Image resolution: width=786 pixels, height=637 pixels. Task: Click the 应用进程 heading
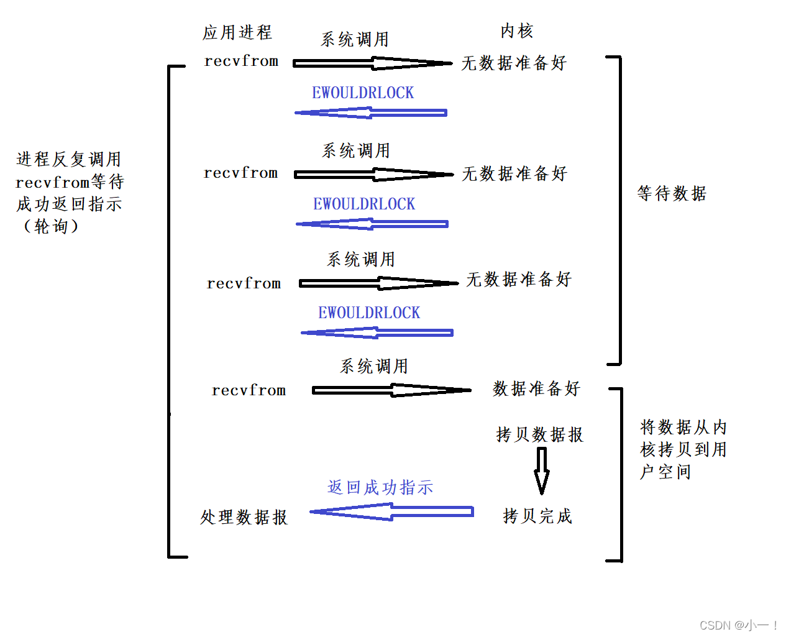[237, 32]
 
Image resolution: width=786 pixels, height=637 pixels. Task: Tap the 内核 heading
[517, 30]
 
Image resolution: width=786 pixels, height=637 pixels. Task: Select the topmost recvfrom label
[241, 61]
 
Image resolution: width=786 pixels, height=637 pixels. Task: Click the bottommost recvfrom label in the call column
[249, 390]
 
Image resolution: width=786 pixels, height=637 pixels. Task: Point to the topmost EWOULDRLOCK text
[363, 93]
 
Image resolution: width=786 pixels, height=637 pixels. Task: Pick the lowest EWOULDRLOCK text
[369, 313]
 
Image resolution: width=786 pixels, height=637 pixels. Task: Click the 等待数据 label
[672, 193]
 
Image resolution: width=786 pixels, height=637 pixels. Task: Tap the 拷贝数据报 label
[540, 434]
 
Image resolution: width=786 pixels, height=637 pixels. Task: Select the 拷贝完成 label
[537, 516]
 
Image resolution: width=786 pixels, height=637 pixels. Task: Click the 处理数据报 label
[244, 517]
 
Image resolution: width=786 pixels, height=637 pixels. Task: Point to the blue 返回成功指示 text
[380, 487]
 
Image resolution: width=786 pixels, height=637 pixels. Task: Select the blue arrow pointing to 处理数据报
[391, 511]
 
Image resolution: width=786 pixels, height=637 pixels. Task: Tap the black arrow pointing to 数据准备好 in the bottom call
[391, 390]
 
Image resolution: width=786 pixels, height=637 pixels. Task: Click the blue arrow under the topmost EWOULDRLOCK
[371, 112]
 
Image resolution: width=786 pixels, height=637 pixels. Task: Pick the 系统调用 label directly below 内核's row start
[355, 39]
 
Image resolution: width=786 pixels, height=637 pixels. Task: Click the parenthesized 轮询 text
[51, 226]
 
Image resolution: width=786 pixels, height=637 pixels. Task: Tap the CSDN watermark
[738, 625]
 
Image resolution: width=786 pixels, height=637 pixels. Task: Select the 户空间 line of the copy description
[665, 472]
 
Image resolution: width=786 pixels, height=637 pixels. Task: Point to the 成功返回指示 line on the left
[69, 204]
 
